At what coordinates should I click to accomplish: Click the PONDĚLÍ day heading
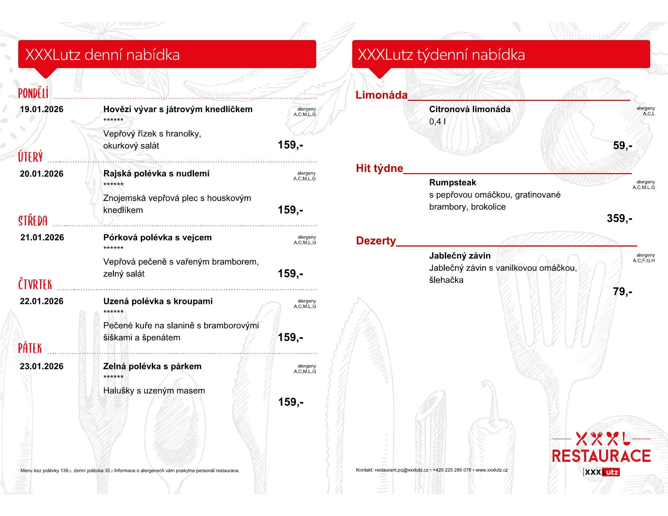33,93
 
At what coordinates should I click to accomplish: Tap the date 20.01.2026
42,174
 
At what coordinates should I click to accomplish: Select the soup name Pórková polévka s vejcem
157,238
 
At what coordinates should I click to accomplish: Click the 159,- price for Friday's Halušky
291,402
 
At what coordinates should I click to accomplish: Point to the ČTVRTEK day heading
35,285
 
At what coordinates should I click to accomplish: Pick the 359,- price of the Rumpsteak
619,219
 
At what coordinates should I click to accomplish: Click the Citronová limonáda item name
470,109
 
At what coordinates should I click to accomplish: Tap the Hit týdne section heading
379,168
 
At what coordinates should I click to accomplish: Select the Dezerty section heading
376,241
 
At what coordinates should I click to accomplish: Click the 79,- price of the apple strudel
622,292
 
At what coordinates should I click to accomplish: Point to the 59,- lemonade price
622,146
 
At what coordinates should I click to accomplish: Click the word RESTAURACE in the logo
601,456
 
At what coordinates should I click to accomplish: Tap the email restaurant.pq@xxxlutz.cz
401,470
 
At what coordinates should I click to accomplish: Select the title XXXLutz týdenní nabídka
441,55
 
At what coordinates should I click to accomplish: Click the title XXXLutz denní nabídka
102,55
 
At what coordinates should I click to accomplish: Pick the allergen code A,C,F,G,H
644,261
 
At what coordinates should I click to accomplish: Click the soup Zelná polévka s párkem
152,367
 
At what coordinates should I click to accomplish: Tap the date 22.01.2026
42,302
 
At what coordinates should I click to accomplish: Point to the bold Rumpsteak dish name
453,183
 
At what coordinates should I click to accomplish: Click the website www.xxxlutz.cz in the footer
491,470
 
